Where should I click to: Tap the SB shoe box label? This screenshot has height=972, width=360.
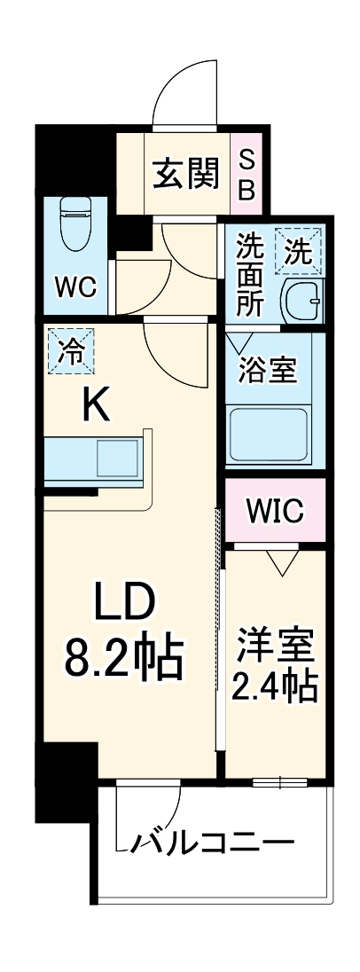(x=247, y=176)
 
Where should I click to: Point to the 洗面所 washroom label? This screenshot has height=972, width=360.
(x=250, y=276)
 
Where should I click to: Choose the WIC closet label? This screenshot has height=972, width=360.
(x=274, y=512)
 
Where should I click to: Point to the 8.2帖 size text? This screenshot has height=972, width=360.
(x=125, y=657)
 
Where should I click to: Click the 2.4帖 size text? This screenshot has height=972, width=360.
(x=275, y=686)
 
